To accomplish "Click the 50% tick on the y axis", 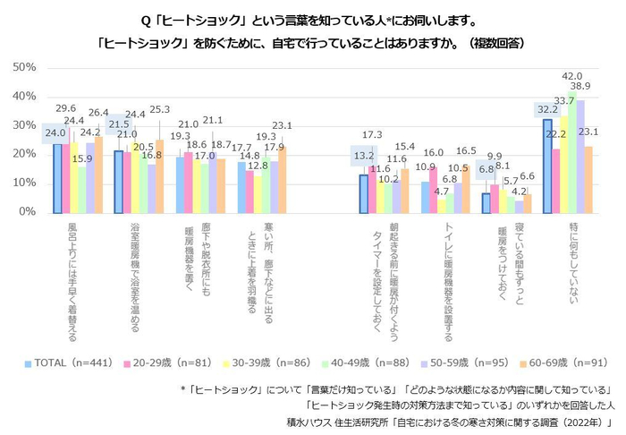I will click(x=21, y=67).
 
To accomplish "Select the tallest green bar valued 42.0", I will click(x=572, y=152).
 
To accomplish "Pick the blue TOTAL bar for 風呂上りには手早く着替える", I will click(x=57, y=178).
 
